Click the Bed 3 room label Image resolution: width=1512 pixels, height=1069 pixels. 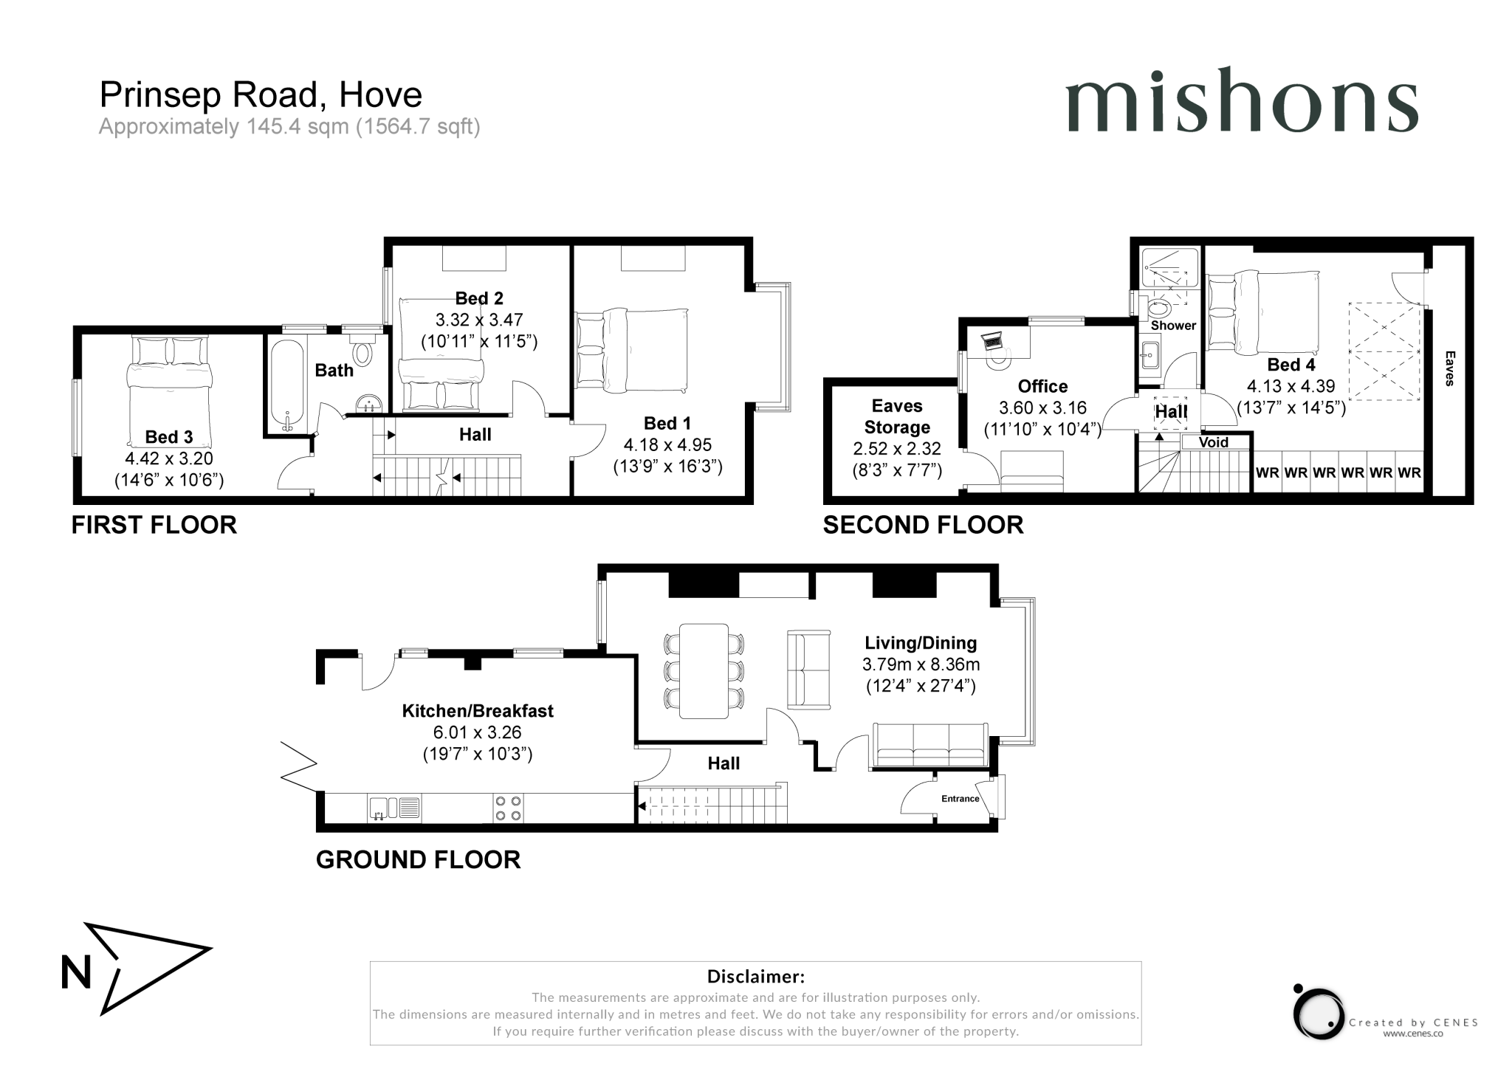point(168,437)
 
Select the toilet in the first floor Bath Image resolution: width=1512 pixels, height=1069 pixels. point(362,353)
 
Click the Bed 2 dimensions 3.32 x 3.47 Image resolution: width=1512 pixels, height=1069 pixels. point(478,320)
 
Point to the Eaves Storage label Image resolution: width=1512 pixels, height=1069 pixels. point(896,416)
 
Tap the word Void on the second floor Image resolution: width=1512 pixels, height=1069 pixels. point(1213,442)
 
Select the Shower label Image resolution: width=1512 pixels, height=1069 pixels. point(1172,326)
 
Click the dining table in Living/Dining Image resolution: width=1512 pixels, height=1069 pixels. point(704,671)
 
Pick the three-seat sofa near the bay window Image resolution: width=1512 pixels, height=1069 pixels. point(930,746)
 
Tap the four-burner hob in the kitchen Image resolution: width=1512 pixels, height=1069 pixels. point(508,808)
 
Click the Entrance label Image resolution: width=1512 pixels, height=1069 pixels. point(960,799)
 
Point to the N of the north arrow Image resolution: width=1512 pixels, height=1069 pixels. point(75,972)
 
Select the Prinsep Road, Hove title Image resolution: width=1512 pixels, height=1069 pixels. point(261,94)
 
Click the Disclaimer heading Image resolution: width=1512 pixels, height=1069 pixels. point(755,977)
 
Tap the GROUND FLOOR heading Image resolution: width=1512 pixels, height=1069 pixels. point(418,859)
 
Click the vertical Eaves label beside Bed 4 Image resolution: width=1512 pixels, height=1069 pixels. point(1449,368)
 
